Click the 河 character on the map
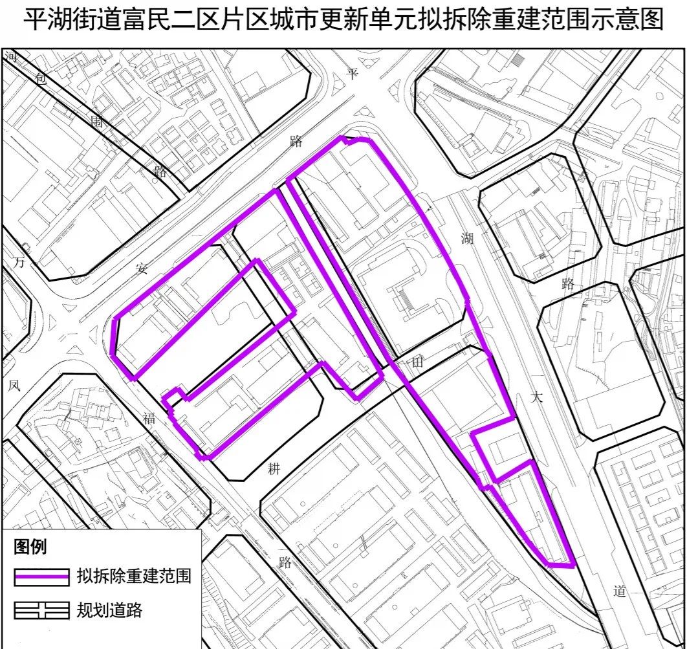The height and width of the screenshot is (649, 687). point(11,57)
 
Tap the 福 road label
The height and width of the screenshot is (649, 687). point(149,419)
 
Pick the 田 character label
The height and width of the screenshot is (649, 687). point(417,364)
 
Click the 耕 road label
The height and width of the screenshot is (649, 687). point(274,470)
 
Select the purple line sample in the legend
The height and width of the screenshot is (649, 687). point(41,577)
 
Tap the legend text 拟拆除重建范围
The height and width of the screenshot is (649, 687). point(134,576)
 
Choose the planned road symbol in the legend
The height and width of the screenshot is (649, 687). point(41,610)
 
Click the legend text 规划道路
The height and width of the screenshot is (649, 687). point(109,610)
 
